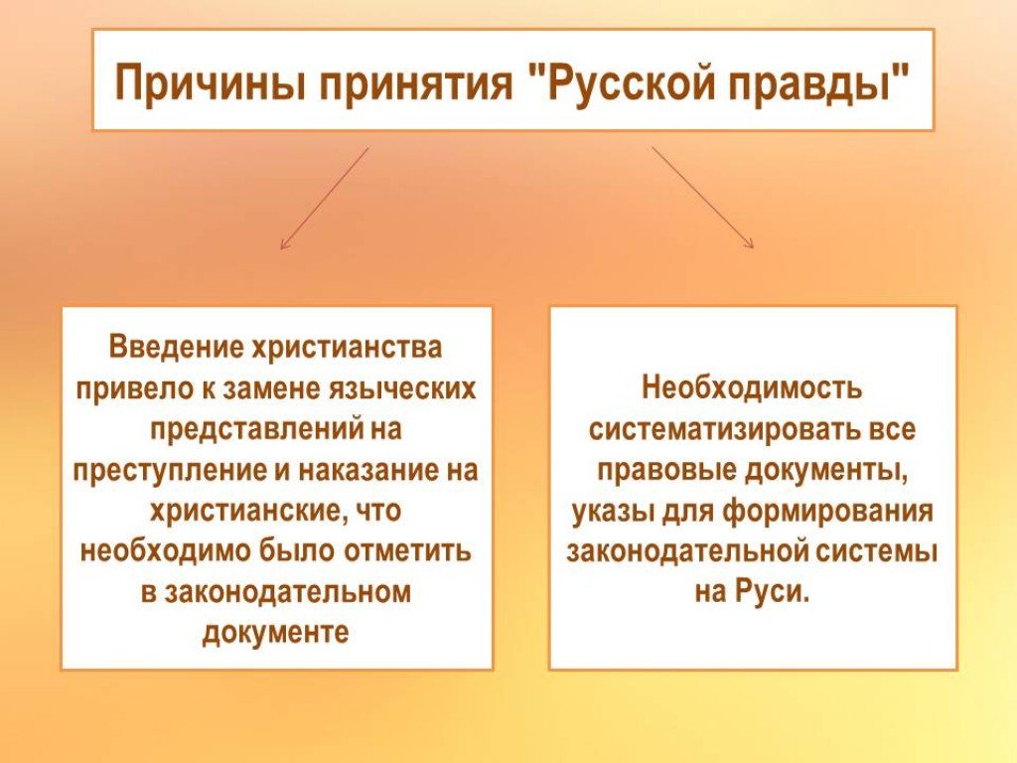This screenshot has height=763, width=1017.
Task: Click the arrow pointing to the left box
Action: click(325, 198)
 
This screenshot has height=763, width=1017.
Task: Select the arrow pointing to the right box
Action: click(703, 198)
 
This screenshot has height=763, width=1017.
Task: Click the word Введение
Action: click(175, 347)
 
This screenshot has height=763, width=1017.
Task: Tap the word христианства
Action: click(347, 348)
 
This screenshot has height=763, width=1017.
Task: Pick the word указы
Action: click(614, 512)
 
